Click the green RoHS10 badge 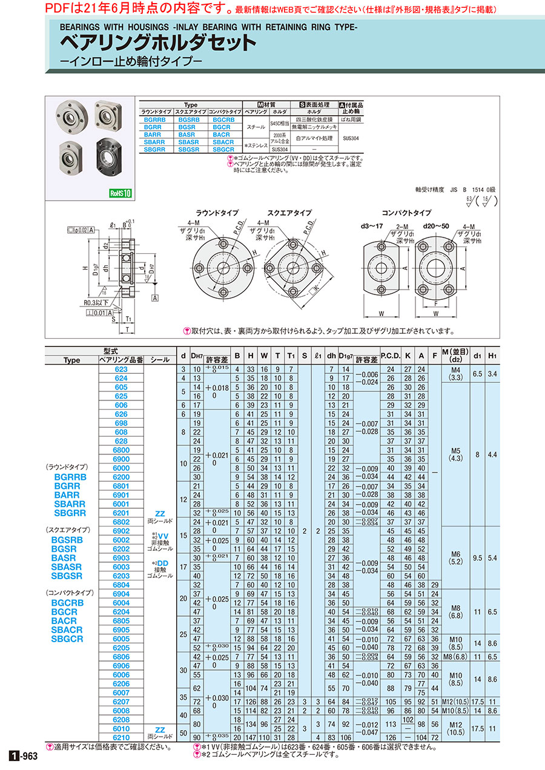pyautogui.click(x=121, y=193)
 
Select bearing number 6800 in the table pyautogui.click(x=121, y=450)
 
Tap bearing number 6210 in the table pyautogui.click(x=121, y=737)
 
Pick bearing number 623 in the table pyautogui.click(x=121, y=369)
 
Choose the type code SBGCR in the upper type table pyautogui.click(x=223, y=149)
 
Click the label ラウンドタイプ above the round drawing pyautogui.click(x=217, y=213)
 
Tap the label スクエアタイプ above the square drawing pyautogui.click(x=289, y=213)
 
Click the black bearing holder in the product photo pyautogui.click(x=109, y=155)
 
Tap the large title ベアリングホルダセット pyautogui.click(x=157, y=43)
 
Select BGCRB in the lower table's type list pyautogui.click(x=68, y=603)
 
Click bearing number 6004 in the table pyautogui.click(x=121, y=603)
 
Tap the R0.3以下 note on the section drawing pyautogui.click(x=90, y=302)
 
